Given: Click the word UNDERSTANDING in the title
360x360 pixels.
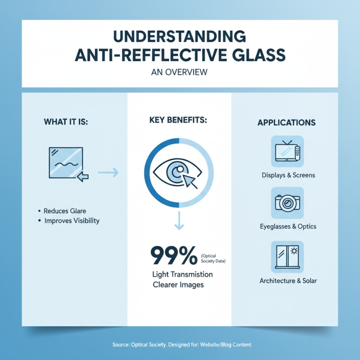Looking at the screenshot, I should click(180, 36).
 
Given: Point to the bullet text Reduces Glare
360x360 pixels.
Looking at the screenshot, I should click(65, 211).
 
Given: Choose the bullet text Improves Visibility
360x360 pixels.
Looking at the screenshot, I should click(72, 221).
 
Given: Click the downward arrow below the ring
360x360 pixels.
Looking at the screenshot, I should click(179, 222).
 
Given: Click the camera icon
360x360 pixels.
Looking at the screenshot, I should click(288, 203).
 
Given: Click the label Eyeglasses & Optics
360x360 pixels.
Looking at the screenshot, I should click(288, 226).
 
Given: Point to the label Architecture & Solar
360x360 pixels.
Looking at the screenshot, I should click(288, 281).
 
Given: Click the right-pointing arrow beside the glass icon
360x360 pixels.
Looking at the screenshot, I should click(108, 171).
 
